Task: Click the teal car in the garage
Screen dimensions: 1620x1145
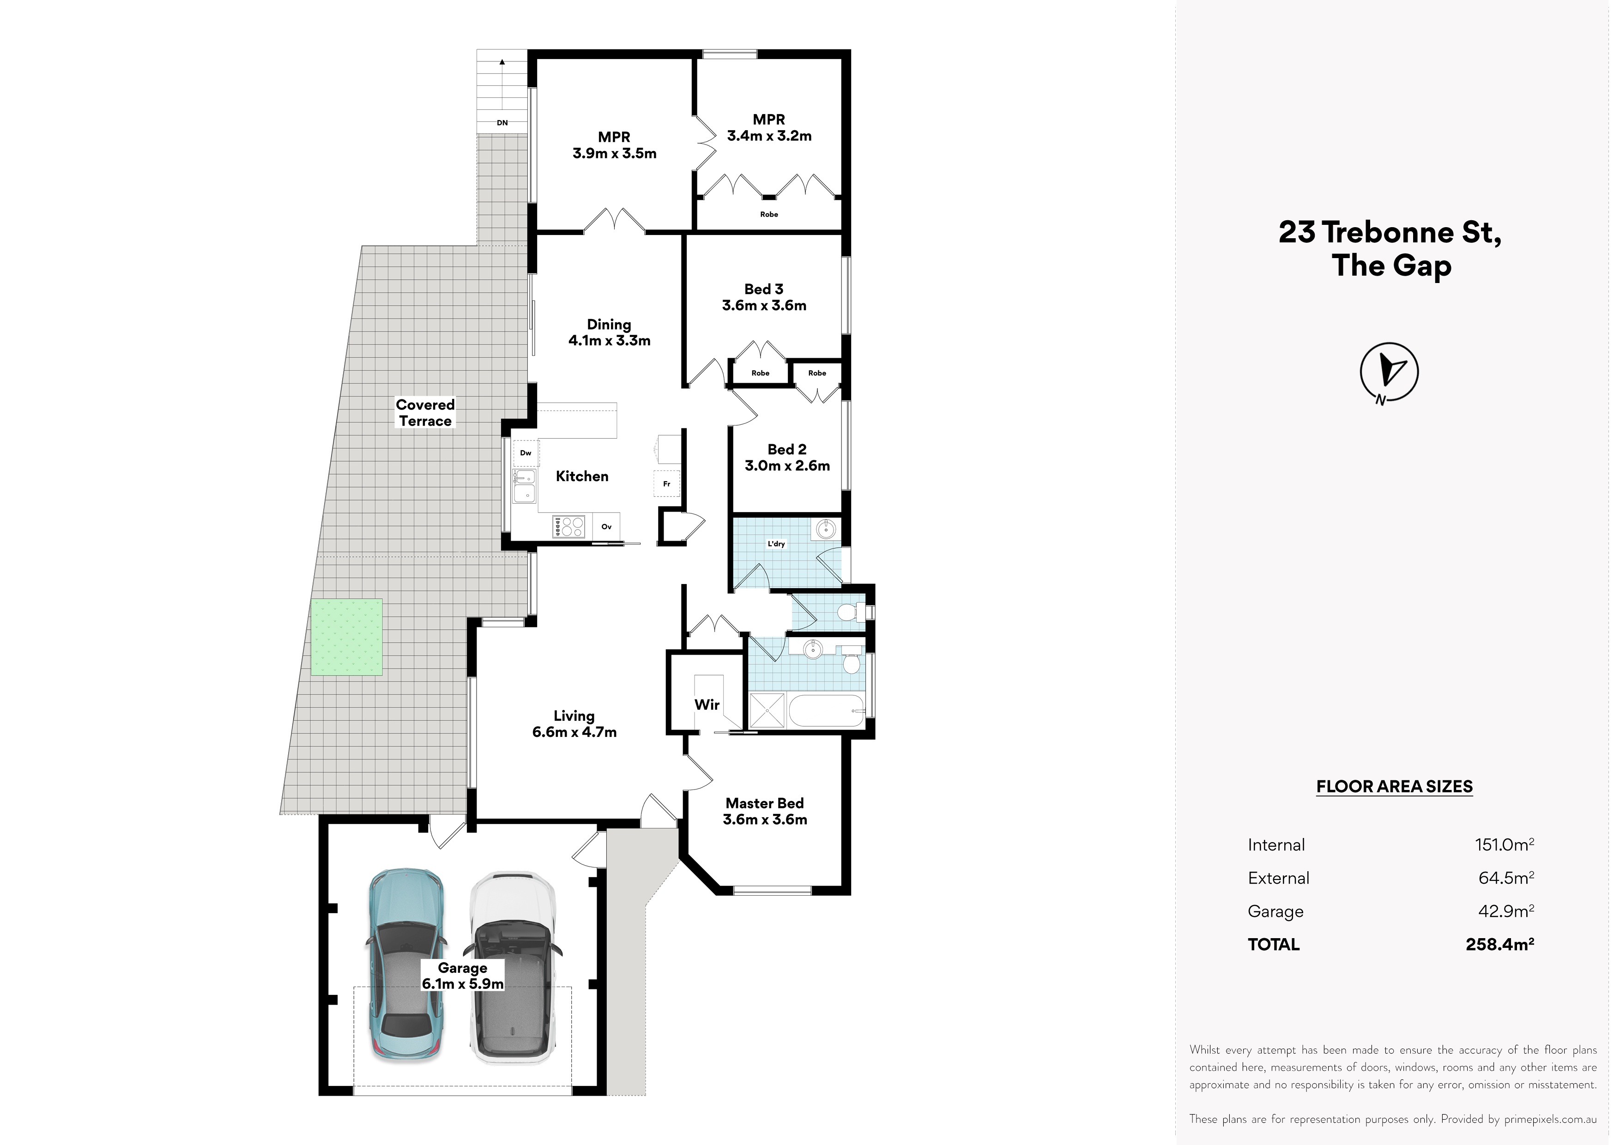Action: point(406,974)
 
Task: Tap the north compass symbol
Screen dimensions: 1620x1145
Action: point(1389,373)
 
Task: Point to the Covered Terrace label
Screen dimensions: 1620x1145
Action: point(425,413)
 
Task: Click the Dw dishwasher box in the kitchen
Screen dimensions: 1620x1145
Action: point(526,453)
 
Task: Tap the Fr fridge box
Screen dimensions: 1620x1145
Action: point(667,483)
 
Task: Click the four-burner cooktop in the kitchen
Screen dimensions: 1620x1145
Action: point(570,526)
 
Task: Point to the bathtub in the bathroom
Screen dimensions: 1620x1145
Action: point(826,711)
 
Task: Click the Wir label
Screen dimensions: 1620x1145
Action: point(707,704)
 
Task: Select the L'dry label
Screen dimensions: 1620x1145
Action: point(776,544)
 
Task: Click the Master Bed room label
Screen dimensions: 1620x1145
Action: point(765,811)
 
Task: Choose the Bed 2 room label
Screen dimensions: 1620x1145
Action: point(787,457)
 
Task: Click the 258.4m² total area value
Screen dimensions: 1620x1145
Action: point(1500,944)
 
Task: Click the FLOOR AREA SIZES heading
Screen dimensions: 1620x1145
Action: point(1394,787)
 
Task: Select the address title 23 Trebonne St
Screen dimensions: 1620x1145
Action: point(1390,232)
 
